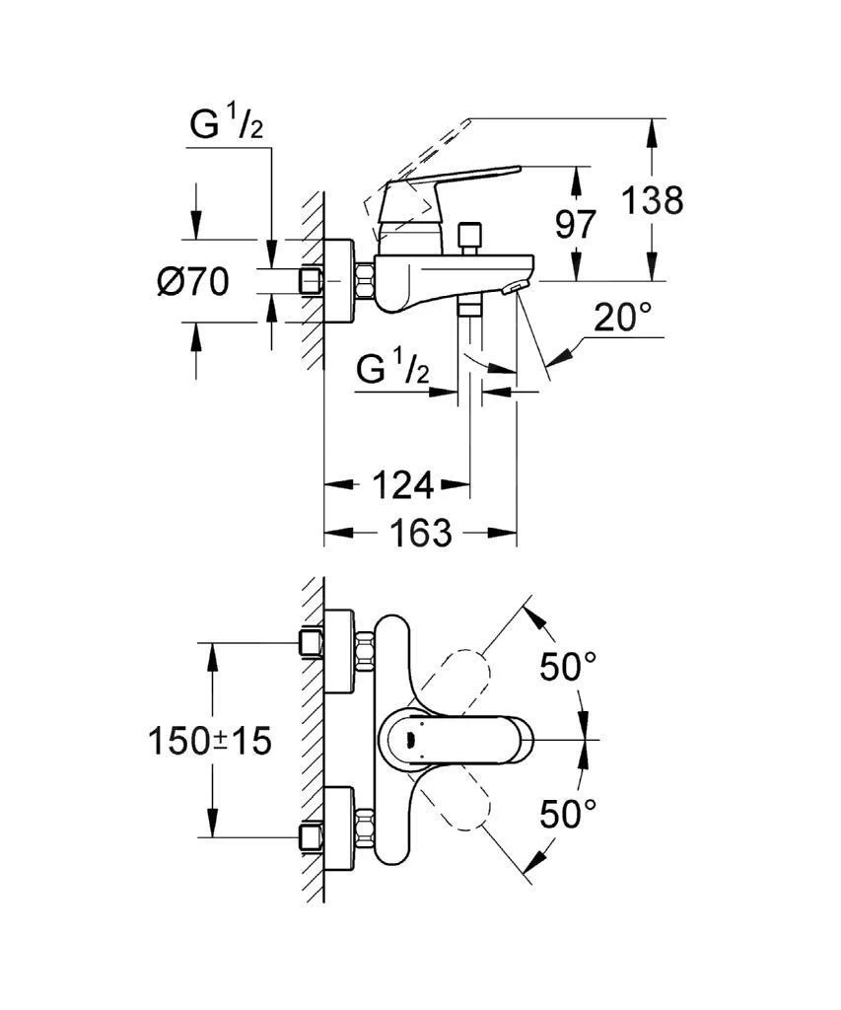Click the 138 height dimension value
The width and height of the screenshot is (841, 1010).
pyautogui.click(x=652, y=200)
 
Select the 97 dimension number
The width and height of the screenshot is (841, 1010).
pyautogui.click(x=576, y=225)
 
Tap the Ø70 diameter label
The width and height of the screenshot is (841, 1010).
pyautogui.click(x=192, y=283)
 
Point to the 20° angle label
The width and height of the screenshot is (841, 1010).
pyautogui.click(x=622, y=318)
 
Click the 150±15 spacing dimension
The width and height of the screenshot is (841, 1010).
pyautogui.click(x=209, y=741)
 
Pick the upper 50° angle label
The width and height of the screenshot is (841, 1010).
pyautogui.click(x=568, y=668)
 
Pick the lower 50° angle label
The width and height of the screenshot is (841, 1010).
pyautogui.click(x=568, y=815)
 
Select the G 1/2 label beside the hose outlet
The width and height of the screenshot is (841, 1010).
pyautogui.click(x=391, y=373)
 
